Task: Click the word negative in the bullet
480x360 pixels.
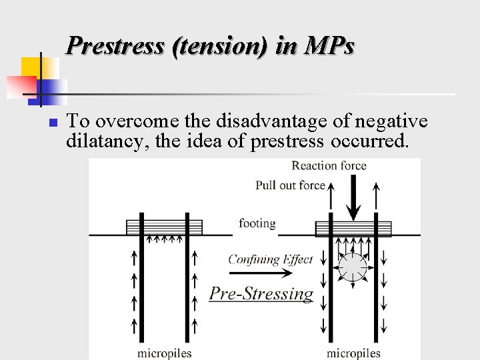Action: point(391,121)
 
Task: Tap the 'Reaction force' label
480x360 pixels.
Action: point(329,165)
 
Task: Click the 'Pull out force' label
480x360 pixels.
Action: point(290,185)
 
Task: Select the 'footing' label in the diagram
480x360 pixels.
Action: point(257,223)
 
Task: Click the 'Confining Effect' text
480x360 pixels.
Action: point(270,259)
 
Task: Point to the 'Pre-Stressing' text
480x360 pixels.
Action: point(261,294)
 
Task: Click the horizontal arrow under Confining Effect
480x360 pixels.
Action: point(270,273)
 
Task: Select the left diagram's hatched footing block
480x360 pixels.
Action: point(155,227)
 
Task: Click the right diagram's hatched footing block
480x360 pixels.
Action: point(353,228)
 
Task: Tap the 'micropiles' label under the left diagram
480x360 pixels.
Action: point(165,353)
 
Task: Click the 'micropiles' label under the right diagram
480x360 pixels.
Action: point(353,353)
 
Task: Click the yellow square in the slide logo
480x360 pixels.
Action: point(32,67)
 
